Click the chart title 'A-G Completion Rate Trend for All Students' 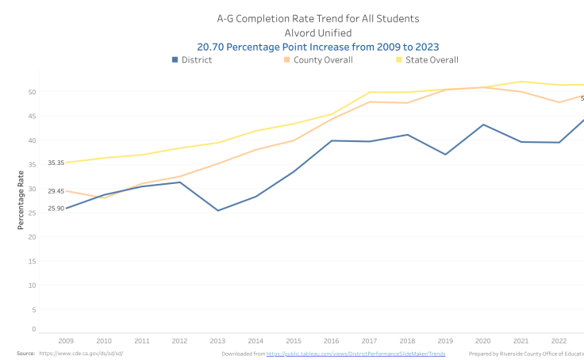point(318,18)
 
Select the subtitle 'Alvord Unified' point(318,33)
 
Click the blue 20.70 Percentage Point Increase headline point(318,47)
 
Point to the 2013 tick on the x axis point(217,340)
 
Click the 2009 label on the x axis point(67,340)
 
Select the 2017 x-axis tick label point(369,340)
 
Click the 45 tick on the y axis point(32,116)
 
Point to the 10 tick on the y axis point(32,285)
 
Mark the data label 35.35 point(56,163)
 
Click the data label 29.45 point(56,191)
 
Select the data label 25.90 point(56,209)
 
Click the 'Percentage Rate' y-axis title point(21,202)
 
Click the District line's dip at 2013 point(217,210)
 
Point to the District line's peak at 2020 point(482,124)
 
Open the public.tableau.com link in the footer point(355,354)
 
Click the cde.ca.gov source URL point(81,354)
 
